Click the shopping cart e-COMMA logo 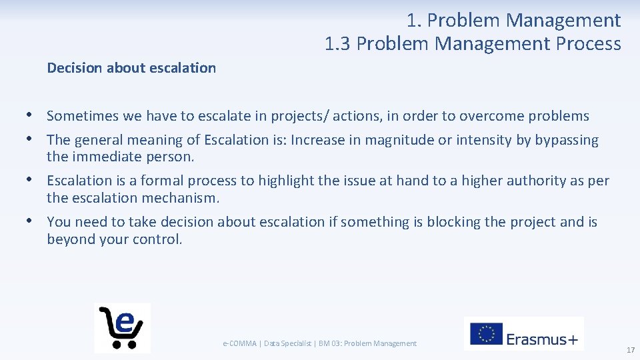[x=122, y=327]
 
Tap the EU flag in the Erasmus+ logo [x=486, y=334]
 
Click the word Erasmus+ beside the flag [x=541, y=339]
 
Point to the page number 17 [x=630, y=350]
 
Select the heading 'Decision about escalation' [x=131, y=67]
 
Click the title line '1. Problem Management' [x=513, y=21]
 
